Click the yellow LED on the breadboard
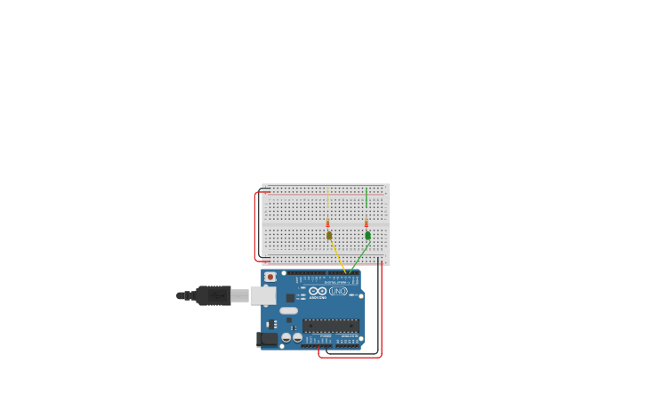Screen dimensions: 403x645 pos(328,236)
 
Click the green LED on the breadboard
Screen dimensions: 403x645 pos(367,236)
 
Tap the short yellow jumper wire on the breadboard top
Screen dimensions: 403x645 pos(327,197)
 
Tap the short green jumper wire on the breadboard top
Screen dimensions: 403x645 pos(366,197)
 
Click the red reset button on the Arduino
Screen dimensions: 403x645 pos(270,278)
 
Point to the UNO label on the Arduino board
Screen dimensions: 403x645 pos(338,291)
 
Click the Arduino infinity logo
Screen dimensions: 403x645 pos(318,291)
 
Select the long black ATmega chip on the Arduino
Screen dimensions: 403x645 pos(331,326)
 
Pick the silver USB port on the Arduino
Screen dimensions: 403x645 pos(263,295)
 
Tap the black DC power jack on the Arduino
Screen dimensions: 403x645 pos(267,339)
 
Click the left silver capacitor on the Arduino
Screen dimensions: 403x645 pos(286,337)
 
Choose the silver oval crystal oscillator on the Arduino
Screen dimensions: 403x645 pos(288,311)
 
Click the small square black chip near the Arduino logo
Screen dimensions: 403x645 pos(290,297)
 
